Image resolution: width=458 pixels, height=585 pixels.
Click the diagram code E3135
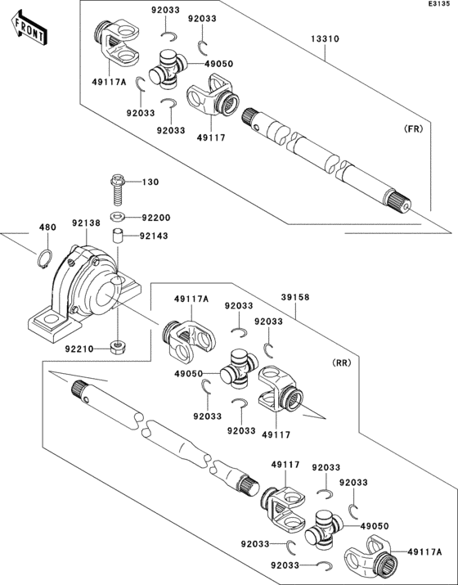[x=438, y=6]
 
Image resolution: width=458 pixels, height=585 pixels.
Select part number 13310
[x=325, y=38]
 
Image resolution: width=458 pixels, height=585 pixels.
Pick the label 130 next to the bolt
[x=151, y=182]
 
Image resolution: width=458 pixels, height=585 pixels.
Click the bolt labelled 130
[x=117, y=189]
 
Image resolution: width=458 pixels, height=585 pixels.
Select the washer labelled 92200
[x=117, y=217]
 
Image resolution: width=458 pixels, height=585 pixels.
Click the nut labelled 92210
[x=116, y=348]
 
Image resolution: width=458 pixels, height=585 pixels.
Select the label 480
[x=47, y=227]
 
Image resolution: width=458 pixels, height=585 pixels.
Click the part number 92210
[x=79, y=348]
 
